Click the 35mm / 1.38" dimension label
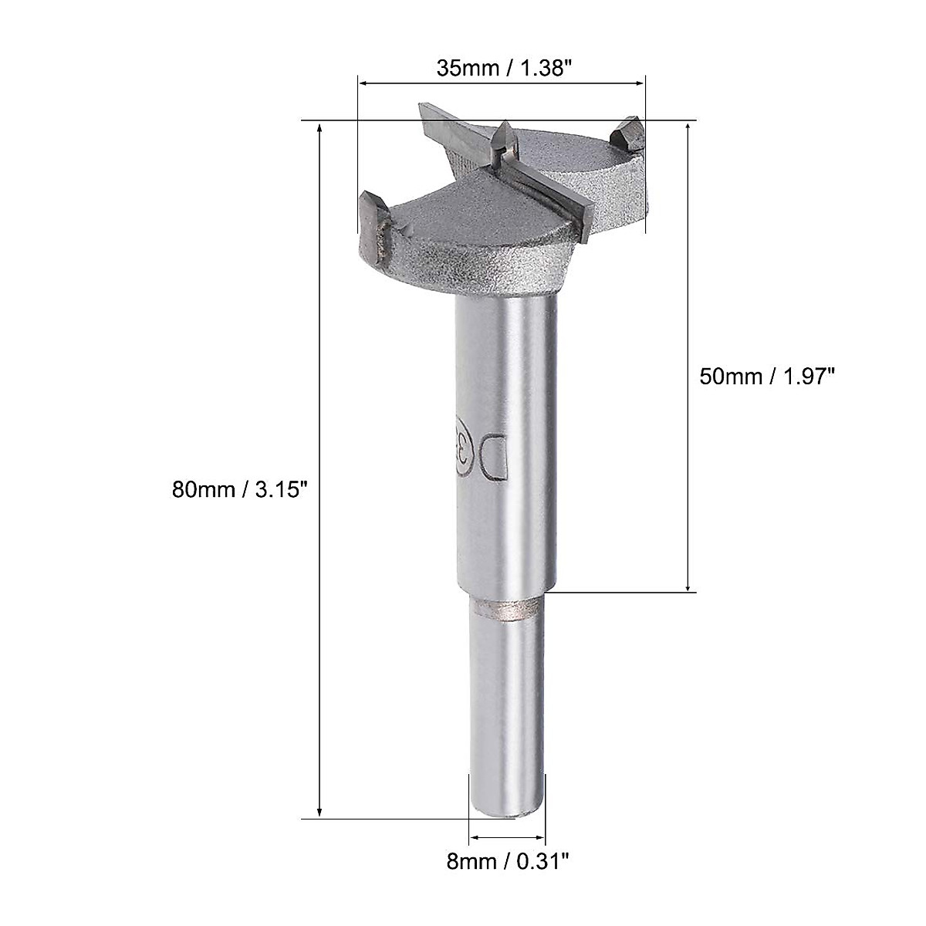coord(502,68)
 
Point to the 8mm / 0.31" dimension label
coord(506,879)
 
